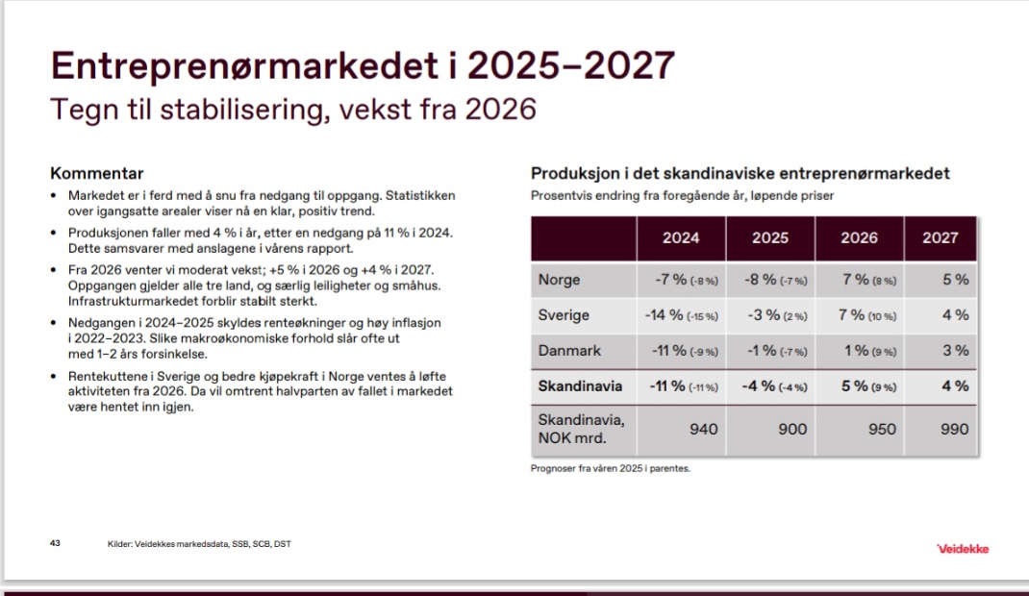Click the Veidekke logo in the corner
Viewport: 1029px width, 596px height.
click(x=962, y=549)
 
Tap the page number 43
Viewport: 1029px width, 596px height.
click(x=55, y=543)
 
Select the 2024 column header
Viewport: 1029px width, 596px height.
click(x=681, y=238)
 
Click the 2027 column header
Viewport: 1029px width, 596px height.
click(x=941, y=238)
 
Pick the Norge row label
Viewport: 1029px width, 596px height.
click(x=559, y=280)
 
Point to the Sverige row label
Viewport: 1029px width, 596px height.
click(x=563, y=315)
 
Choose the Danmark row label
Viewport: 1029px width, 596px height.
click(x=569, y=351)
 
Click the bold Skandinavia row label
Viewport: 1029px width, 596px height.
click(x=580, y=386)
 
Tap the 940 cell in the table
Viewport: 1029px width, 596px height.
click(x=704, y=430)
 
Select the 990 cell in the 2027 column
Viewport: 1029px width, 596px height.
click(x=954, y=430)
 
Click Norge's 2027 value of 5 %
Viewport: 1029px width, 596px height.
click(x=956, y=280)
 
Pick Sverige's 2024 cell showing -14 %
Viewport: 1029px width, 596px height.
click(x=681, y=315)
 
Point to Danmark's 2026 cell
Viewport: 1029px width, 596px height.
click(x=869, y=351)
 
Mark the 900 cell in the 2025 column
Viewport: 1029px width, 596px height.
click(x=792, y=430)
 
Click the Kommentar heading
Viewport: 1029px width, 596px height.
click(x=96, y=173)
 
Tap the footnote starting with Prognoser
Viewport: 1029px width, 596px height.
click(x=611, y=468)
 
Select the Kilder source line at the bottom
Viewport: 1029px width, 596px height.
click(x=199, y=543)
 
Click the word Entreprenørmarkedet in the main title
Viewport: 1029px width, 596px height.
click(x=245, y=65)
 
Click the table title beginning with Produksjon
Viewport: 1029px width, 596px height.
click(x=740, y=174)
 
